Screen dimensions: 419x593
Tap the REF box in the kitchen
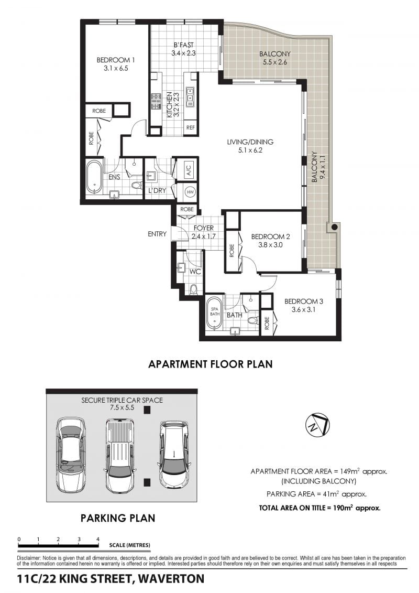[191, 127]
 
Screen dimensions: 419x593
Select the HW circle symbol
[191, 192]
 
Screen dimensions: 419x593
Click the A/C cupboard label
[189, 169]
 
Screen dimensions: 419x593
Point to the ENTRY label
[157, 234]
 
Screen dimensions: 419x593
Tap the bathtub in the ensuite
[94, 177]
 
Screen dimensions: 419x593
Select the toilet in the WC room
[193, 290]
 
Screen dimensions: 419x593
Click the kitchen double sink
[190, 96]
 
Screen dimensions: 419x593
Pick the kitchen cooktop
[156, 102]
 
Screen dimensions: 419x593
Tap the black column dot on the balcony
[334, 228]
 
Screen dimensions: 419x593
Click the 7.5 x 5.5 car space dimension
[122, 408]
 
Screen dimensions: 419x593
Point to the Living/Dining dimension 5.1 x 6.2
[250, 150]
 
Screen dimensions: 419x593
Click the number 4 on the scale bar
[98, 540]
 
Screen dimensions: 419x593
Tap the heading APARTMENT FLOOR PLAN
[211, 364]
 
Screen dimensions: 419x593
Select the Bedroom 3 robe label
[267, 323]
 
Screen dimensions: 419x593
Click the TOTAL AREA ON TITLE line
[319, 508]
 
